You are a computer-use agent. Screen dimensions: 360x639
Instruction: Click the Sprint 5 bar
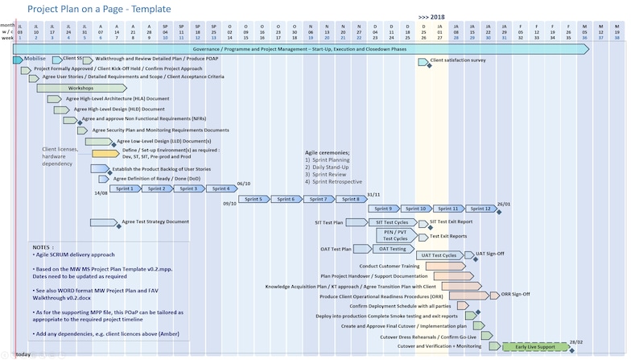253,199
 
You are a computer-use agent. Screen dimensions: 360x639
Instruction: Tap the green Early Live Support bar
534,346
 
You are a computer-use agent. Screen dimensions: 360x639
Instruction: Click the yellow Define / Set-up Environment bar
105,153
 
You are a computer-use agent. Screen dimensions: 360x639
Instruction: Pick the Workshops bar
80,88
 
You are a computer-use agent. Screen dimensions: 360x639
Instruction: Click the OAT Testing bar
393,249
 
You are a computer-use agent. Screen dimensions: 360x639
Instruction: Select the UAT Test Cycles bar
440,255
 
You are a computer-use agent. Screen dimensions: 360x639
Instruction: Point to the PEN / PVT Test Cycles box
395,235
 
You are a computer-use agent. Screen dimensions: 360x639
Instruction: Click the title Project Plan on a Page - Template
98,10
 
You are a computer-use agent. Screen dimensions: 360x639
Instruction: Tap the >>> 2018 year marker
431,16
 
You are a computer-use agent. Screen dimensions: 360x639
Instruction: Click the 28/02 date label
576,341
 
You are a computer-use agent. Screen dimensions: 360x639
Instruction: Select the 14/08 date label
101,193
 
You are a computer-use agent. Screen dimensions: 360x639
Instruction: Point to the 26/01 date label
504,204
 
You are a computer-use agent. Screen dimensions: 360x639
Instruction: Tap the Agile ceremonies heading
327,152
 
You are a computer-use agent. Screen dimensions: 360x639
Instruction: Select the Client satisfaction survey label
458,60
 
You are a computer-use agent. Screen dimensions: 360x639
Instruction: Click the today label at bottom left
23,354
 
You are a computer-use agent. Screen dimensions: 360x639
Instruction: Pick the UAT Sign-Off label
490,253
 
